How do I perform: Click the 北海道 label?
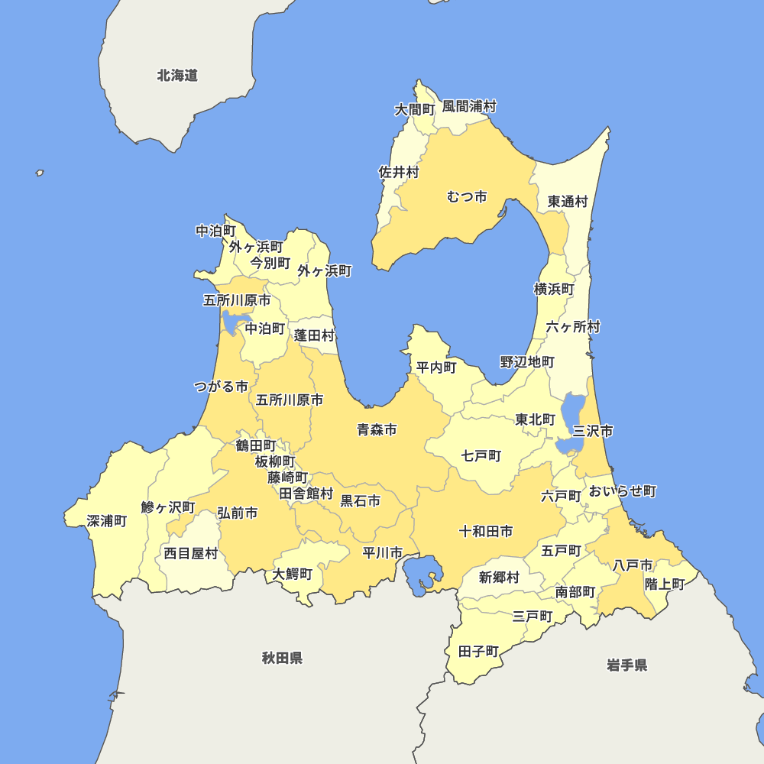coord(177,76)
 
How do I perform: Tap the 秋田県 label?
coord(282,658)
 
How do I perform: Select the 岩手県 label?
coord(627,665)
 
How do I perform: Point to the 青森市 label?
coord(377,430)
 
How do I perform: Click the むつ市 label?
coord(467,197)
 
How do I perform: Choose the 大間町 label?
coord(414,110)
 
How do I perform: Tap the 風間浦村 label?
coord(469,106)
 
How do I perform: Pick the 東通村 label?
coord(568,202)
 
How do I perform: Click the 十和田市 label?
coord(486,531)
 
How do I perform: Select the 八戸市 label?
coord(633,565)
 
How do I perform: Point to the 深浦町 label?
coord(107,521)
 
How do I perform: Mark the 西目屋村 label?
coord(191,553)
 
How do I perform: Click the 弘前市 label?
coord(237,513)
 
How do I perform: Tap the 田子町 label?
coord(478,652)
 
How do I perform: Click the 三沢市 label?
coord(593,431)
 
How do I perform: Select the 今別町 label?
coord(270,263)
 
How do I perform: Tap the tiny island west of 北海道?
coord(40,173)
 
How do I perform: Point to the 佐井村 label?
coord(399,173)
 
